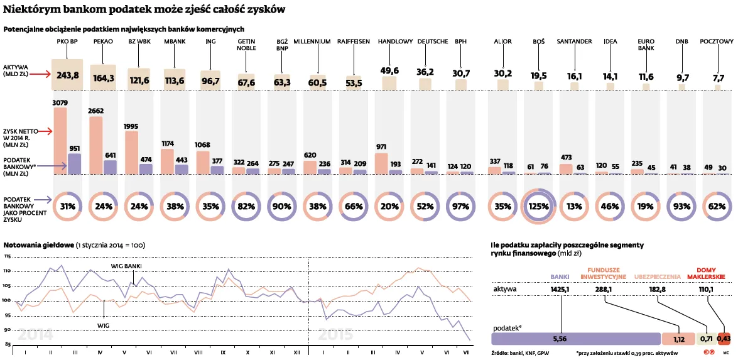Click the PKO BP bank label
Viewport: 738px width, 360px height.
[67, 41]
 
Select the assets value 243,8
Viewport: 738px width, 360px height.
[67, 75]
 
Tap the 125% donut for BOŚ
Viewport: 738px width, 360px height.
[538, 206]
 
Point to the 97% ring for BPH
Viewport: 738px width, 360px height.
[464, 206]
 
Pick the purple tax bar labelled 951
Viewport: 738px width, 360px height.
[74, 164]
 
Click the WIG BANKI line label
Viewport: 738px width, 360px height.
[126, 266]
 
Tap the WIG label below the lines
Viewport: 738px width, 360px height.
[104, 325]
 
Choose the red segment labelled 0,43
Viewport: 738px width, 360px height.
[724, 339]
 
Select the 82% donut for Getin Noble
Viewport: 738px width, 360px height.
[246, 206]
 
